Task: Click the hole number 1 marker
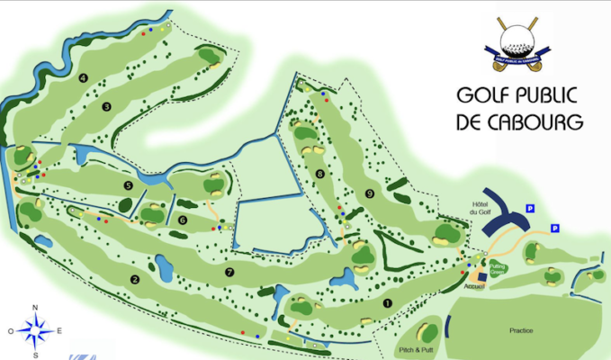pos(388,303)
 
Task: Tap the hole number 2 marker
pos(134,279)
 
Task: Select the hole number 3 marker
pos(106,107)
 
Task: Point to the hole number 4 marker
pos(82,78)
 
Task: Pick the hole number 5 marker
pos(129,185)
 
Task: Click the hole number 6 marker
pos(183,219)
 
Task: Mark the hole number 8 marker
pos(319,174)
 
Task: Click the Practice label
pos(522,330)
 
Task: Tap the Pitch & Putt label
pos(415,346)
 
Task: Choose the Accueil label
pos(474,285)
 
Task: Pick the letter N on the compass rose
pos(35,309)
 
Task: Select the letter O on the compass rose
pos(12,331)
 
